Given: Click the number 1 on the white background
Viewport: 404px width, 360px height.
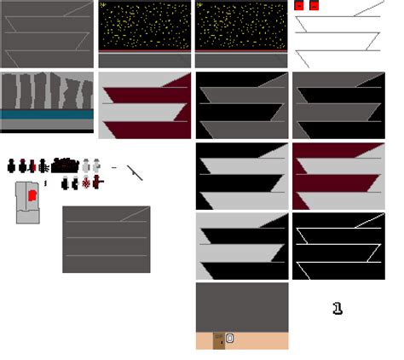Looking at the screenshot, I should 338,309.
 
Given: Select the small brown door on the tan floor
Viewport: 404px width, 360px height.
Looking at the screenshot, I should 219,341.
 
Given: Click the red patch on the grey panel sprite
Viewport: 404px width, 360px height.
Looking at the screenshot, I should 31,196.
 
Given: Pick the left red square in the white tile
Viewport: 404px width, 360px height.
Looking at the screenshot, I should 299,6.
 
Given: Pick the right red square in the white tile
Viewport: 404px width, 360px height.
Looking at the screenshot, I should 314,6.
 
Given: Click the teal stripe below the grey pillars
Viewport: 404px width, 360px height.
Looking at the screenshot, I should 47,114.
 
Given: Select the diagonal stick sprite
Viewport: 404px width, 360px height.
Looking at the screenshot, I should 135,172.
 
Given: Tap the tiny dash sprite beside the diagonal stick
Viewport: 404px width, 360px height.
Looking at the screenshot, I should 113,167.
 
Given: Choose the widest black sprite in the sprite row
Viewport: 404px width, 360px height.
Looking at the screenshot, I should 65,165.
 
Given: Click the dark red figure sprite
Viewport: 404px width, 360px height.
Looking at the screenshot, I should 32,165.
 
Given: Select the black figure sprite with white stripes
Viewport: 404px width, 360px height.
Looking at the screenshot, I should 43,165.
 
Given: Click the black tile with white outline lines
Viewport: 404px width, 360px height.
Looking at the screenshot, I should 338,247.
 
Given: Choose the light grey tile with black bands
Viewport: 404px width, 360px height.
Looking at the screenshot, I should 242,247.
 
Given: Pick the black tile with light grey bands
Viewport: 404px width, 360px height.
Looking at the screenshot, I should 242,176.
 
